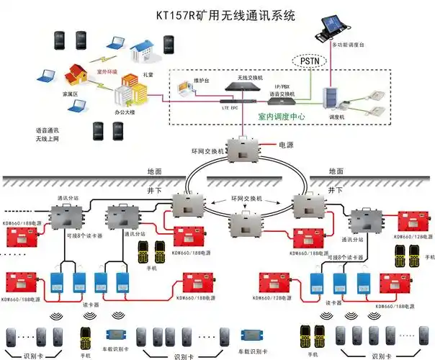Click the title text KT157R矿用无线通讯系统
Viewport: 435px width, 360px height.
click(x=225, y=15)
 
